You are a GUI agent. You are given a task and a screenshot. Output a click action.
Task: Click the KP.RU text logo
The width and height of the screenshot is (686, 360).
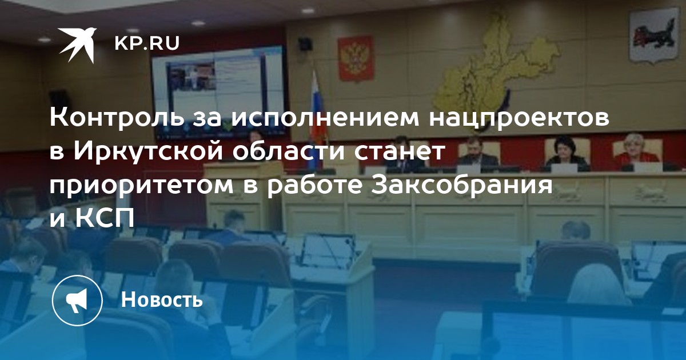[x=147, y=43]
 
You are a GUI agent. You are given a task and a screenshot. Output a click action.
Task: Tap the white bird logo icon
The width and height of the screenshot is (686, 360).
[x=77, y=45]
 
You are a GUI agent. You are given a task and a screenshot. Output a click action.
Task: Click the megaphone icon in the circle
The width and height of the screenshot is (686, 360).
[x=77, y=301]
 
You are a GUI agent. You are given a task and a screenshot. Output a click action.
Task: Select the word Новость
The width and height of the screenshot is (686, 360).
[x=162, y=299]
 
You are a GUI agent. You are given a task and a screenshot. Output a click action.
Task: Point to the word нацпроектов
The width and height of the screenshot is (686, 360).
[x=519, y=119]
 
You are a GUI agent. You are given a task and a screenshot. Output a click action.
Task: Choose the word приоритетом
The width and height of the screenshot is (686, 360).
[x=142, y=186]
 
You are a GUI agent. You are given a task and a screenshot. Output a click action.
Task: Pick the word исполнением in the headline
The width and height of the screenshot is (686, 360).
[x=325, y=119]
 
